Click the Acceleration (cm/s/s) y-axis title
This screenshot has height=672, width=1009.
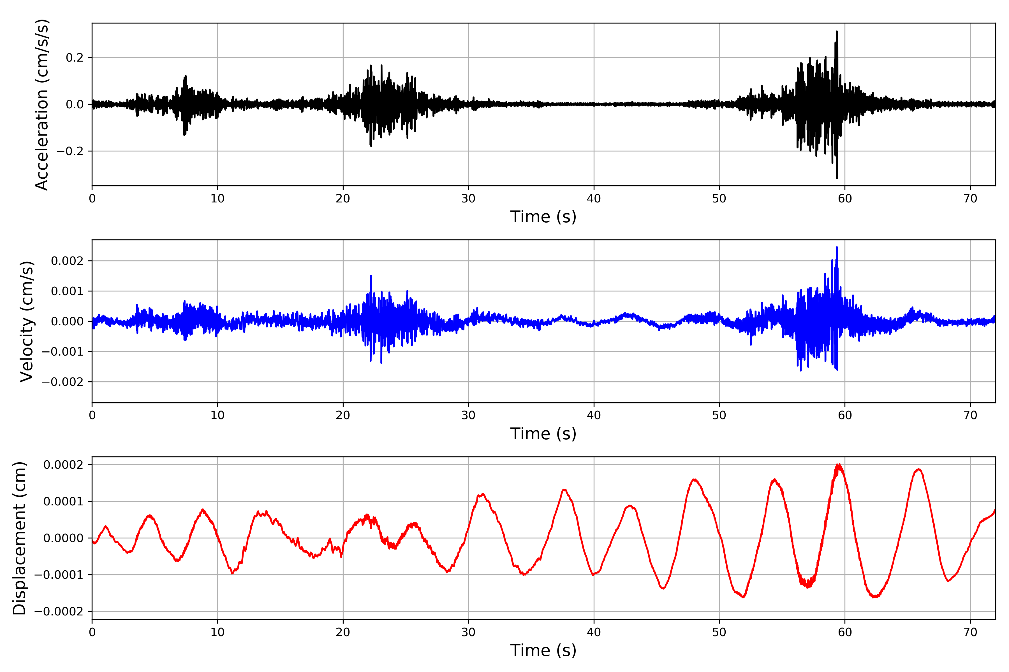tap(42, 104)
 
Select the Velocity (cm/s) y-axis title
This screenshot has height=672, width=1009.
tap(27, 321)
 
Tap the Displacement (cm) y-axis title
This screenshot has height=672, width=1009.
tap(19, 538)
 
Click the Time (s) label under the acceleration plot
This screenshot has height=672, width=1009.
tap(543, 217)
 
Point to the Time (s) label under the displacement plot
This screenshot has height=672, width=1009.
tap(543, 650)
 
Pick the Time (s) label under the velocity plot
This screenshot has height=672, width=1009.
tap(543, 434)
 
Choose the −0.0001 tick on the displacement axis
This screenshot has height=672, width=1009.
tap(59, 575)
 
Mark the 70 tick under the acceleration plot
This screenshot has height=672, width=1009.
tap(970, 199)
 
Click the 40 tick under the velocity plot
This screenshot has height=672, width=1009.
tap(594, 415)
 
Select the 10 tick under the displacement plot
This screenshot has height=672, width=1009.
tap(217, 632)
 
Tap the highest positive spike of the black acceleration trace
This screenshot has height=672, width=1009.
tap(837, 32)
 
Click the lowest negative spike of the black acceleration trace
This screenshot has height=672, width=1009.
tap(837, 178)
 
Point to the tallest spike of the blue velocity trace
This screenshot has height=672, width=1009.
tap(837, 247)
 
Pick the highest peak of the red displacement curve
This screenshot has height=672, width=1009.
tap(838, 465)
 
